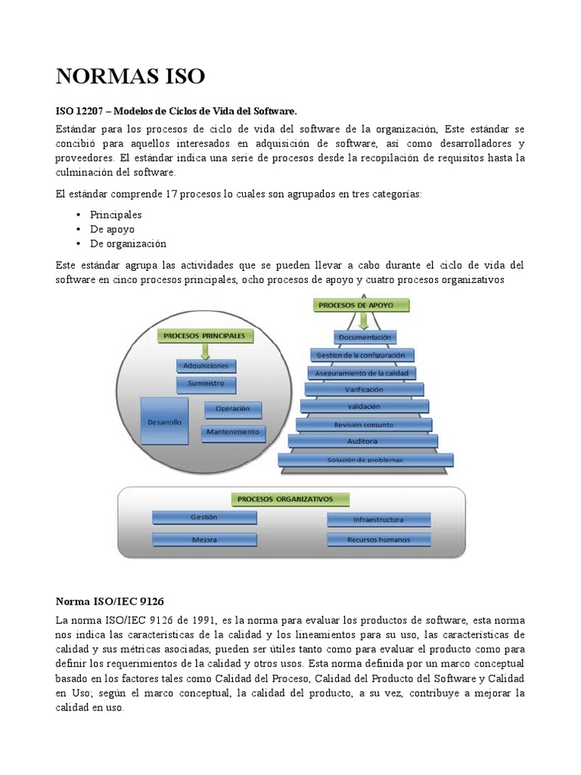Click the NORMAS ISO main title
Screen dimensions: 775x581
130,76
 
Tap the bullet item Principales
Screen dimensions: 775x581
116,214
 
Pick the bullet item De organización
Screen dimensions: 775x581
128,244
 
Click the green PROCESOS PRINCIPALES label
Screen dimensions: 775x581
204,334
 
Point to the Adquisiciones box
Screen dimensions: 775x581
206,366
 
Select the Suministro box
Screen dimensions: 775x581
206,384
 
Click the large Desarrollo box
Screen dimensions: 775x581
165,422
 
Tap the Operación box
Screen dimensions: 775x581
232,409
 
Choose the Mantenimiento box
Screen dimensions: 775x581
232,433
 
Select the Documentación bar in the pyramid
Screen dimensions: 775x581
365,337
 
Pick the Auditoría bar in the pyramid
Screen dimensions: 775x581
363,441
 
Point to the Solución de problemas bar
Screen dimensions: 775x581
365,459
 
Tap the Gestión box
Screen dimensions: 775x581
204,518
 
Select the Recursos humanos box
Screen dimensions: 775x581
379,540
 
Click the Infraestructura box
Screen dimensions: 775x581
379,520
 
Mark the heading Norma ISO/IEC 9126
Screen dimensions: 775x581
104,602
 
